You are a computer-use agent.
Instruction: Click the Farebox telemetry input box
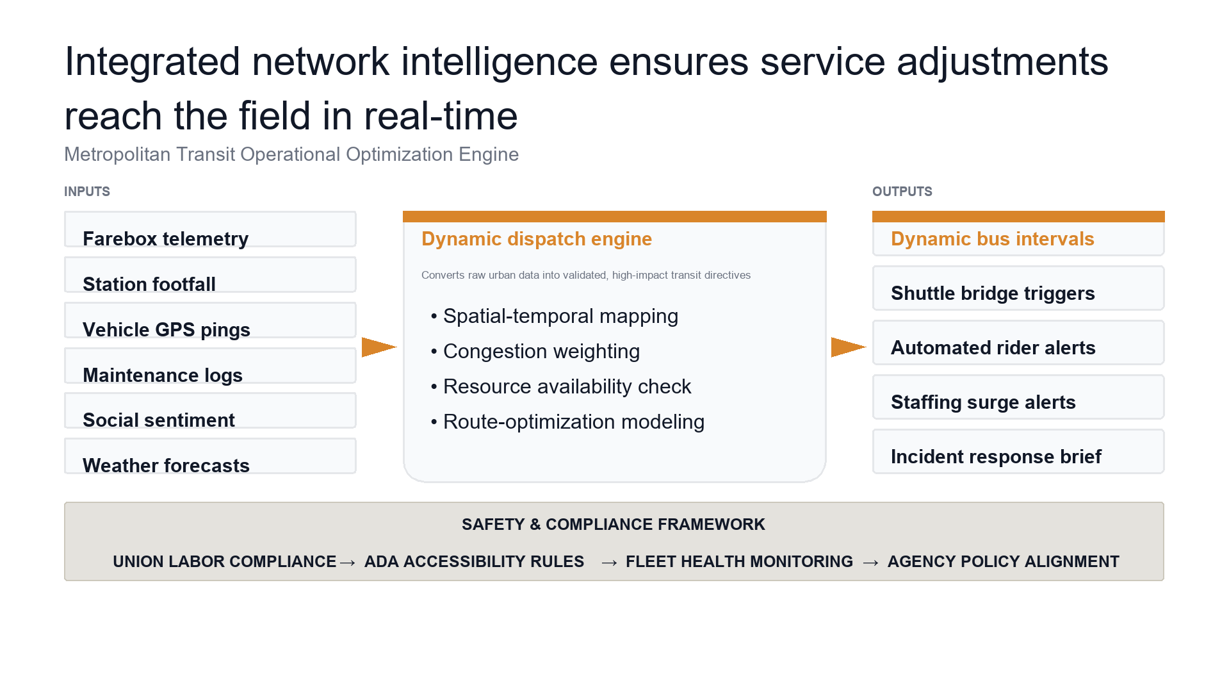click(x=210, y=229)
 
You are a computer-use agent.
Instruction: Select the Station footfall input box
click(x=210, y=275)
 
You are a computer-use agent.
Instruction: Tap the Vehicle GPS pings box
click(x=210, y=320)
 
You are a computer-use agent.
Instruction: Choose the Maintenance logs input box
click(x=210, y=366)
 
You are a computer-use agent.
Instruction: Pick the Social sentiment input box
click(x=210, y=411)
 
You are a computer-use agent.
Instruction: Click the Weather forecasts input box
click(x=210, y=456)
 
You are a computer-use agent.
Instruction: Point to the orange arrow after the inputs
click(x=379, y=347)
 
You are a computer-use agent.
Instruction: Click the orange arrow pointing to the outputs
click(x=849, y=347)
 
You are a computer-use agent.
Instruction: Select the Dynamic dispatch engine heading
click(x=537, y=239)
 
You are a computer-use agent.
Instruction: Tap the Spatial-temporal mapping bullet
click(x=555, y=316)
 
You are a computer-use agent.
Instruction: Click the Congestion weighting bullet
click(x=535, y=351)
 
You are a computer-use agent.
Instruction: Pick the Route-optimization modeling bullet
click(x=567, y=422)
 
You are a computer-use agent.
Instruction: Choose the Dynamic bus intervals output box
click(x=1018, y=234)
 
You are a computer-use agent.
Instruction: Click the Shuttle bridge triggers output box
click(x=1018, y=288)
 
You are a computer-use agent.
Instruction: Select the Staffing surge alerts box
click(x=1018, y=397)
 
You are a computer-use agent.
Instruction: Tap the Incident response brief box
click(x=1018, y=452)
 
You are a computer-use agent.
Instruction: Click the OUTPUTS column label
click(x=902, y=192)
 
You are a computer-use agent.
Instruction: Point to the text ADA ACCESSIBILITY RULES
click(x=474, y=562)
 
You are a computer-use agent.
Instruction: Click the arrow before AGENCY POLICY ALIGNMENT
click(x=870, y=563)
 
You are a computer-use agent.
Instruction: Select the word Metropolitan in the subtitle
click(x=117, y=154)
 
